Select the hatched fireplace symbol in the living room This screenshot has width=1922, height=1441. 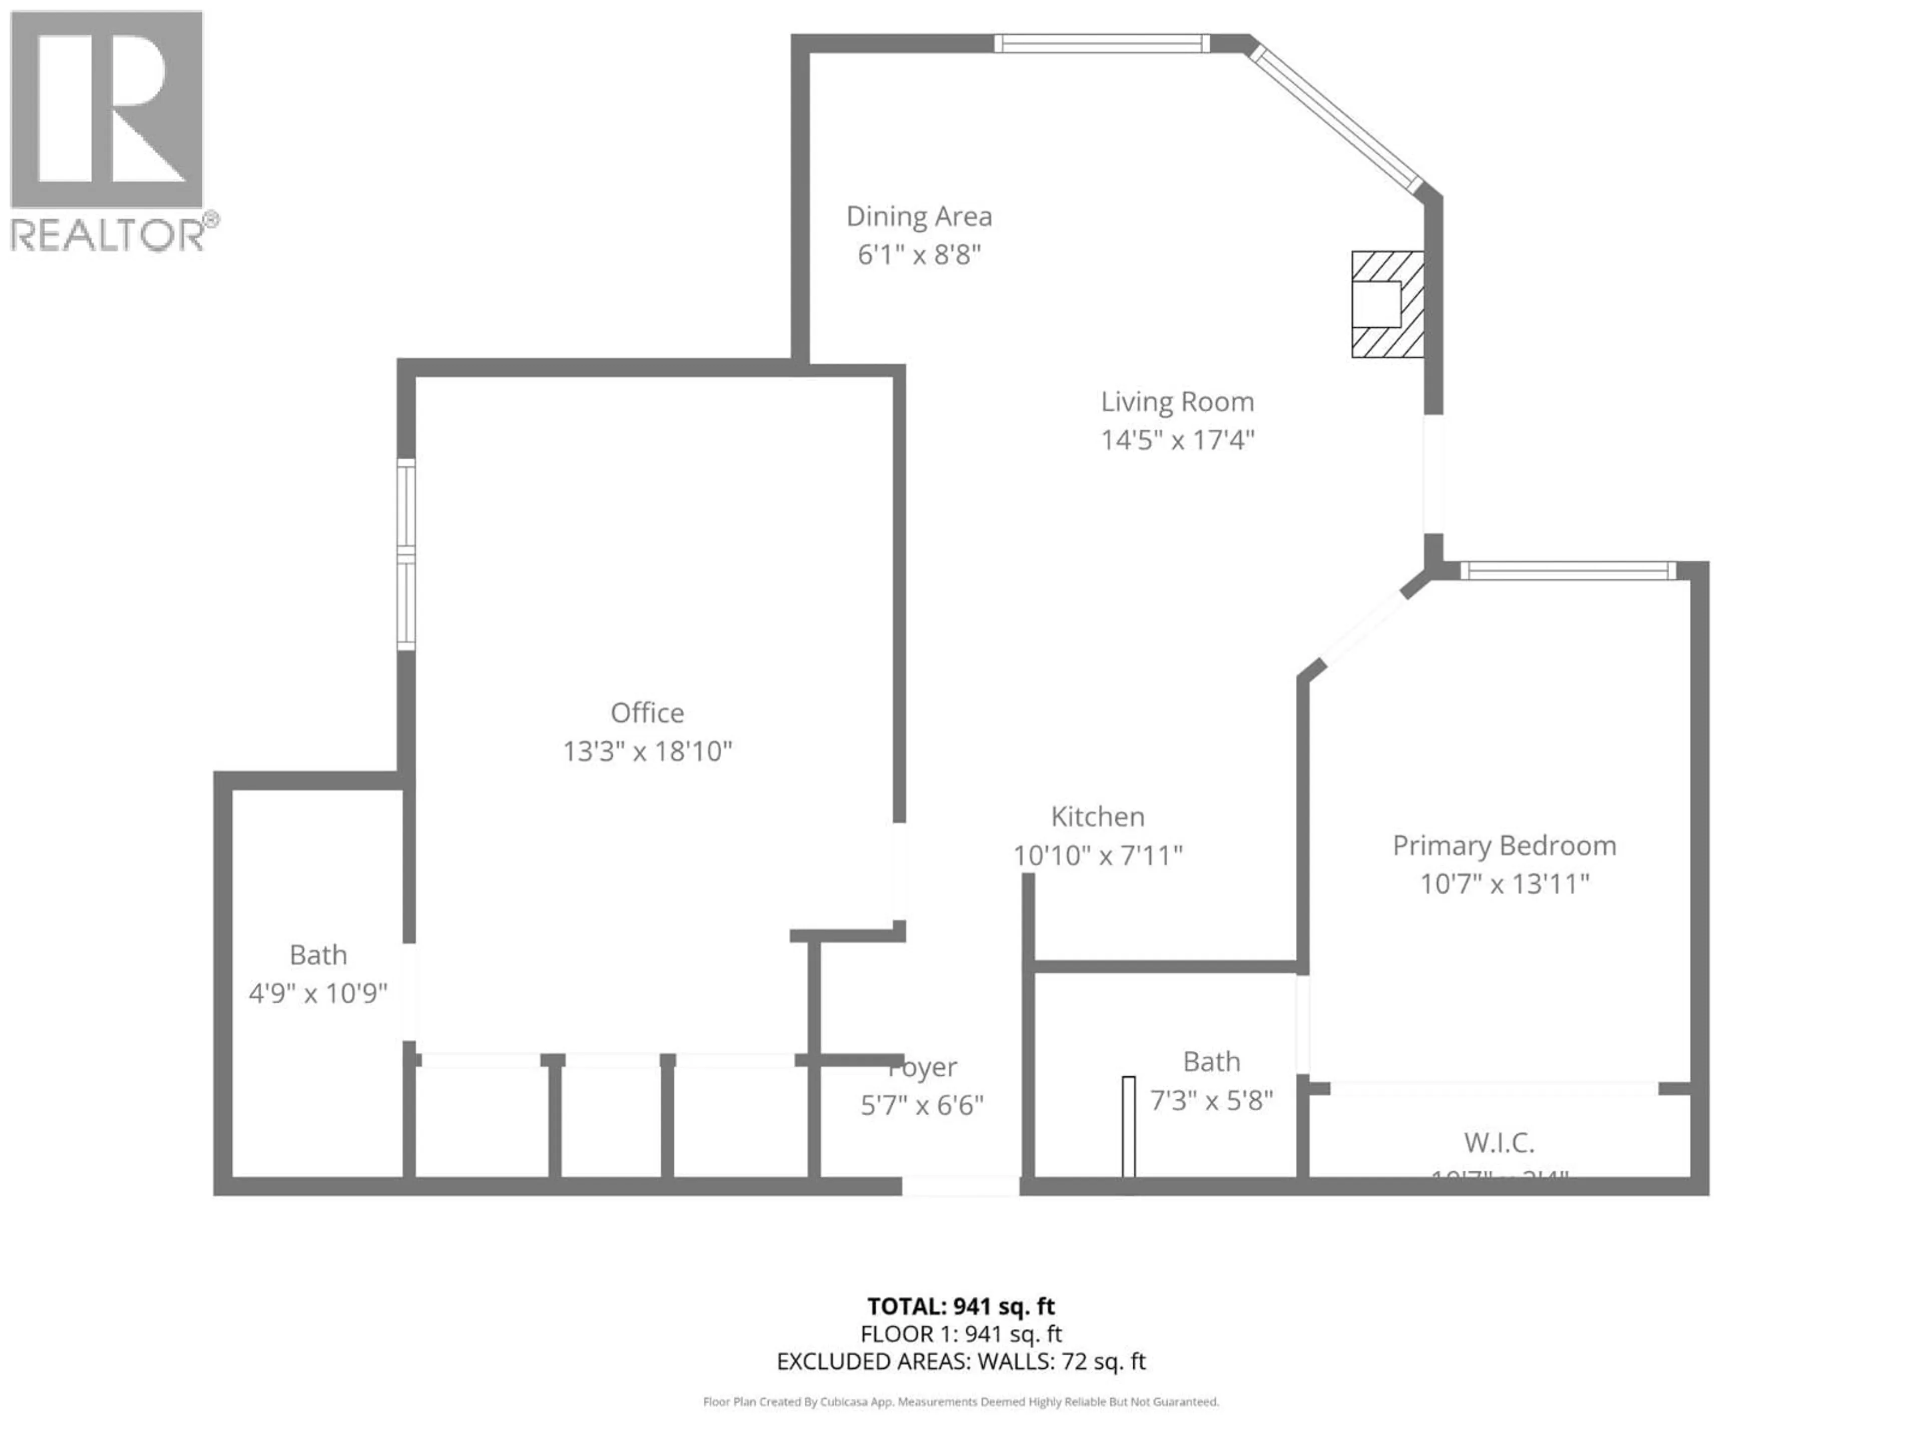1387,304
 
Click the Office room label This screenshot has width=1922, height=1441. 647,713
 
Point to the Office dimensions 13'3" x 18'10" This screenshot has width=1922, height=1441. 647,752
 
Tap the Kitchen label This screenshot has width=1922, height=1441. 1098,817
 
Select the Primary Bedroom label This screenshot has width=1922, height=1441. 1504,845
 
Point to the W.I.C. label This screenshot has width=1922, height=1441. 1499,1142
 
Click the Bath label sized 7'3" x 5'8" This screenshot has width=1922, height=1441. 1211,1061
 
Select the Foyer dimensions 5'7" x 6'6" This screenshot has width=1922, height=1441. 922,1106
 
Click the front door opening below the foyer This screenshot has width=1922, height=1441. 960,1186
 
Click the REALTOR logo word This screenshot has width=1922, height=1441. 108,235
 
